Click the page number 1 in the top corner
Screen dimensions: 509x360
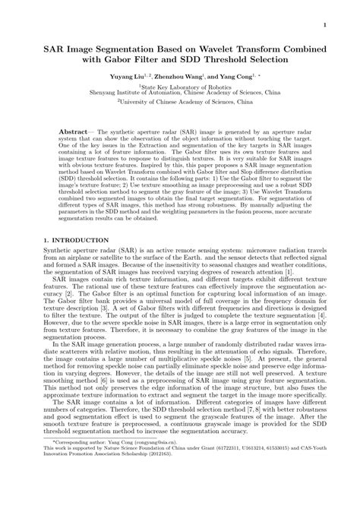[324, 25]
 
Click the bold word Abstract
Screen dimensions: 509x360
[76, 131]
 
